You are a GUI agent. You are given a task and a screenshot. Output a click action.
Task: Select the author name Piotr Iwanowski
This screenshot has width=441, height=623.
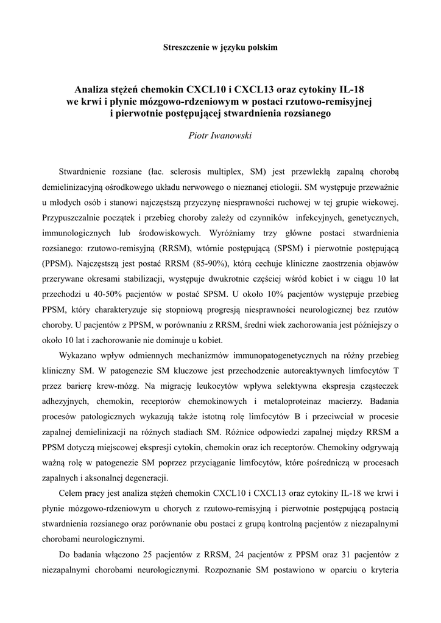click(x=220, y=135)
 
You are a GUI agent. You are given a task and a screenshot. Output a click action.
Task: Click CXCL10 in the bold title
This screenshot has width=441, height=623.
click(x=214, y=88)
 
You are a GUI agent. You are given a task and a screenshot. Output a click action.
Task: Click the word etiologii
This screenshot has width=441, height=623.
click(x=281, y=187)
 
